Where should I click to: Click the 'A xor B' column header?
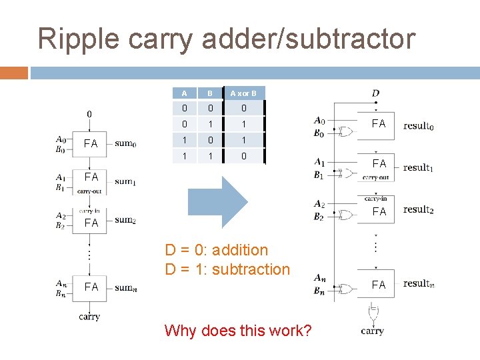[243, 93]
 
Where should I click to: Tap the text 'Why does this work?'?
[237, 330]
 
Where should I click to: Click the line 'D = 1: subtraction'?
[227, 269]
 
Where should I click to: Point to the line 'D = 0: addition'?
[217, 250]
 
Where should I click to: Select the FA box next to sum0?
[90, 143]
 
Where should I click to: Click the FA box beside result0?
[379, 123]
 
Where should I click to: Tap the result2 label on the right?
[418, 209]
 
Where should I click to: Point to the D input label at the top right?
[375, 93]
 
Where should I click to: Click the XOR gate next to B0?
[346, 131]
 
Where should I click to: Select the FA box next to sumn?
[91, 287]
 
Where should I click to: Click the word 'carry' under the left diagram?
[89, 317]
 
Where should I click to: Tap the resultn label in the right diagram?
[418, 283]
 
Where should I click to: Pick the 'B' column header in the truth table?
[209, 93]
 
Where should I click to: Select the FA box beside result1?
[379, 163]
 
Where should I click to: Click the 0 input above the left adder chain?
[90, 113]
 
